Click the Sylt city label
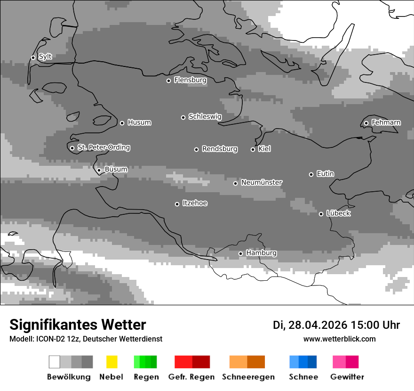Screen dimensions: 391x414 (x=45, y=57)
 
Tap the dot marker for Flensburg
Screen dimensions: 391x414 (x=168, y=81)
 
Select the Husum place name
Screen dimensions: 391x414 (x=139, y=122)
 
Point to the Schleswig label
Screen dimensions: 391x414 (x=205, y=116)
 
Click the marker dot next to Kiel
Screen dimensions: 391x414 (x=253, y=149)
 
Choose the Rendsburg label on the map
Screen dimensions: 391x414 (x=219, y=149)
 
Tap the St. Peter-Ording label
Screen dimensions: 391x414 (x=103, y=147)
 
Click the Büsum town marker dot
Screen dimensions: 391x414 (x=99, y=171)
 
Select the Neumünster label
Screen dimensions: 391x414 (x=262, y=182)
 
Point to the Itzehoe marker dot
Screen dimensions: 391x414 (x=177, y=204)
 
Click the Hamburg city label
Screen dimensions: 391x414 (x=261, y=253)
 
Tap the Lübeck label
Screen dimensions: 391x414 (x=338, y=213)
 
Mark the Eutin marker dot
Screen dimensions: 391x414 (x=311, y=174)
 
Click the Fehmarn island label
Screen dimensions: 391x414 (x=386, y=122)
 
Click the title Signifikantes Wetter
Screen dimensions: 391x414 (x=78, y=325)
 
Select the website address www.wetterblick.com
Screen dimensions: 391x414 (x=339, y=339)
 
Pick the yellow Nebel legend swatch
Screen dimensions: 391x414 (x=111, y=362)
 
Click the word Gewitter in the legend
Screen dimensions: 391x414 (x=347, y=377)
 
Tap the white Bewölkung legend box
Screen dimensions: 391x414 (x=55, y=362)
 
